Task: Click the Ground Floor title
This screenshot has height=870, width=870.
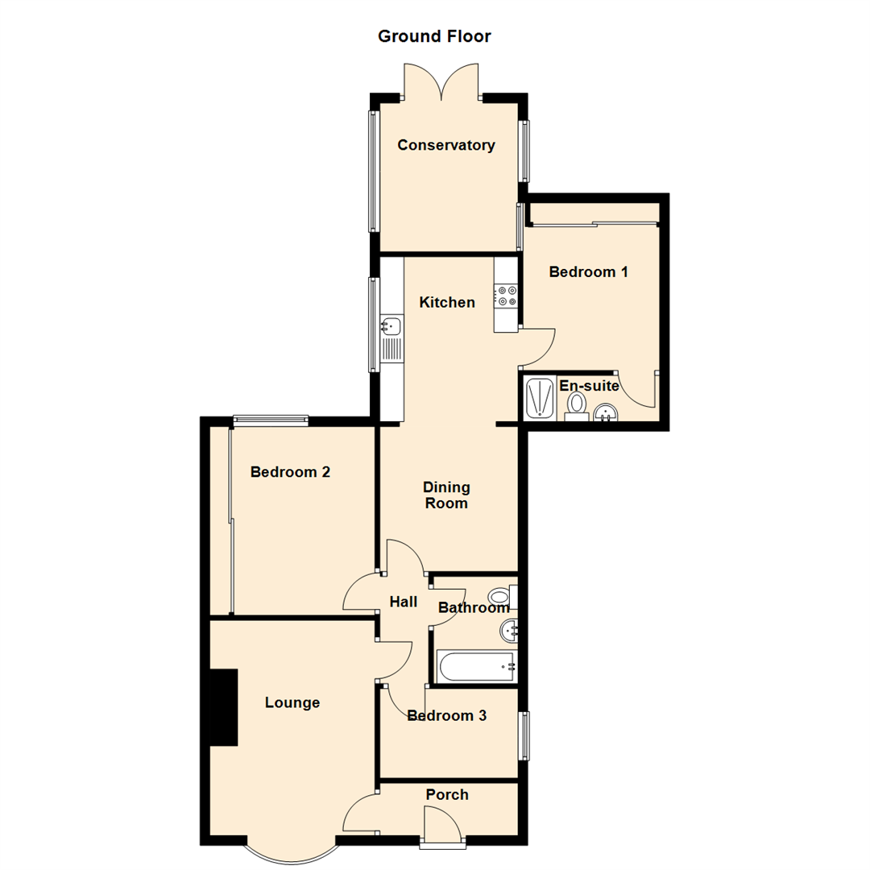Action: click(x=434, y=36)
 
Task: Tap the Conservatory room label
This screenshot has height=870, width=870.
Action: click(x=445, y=146)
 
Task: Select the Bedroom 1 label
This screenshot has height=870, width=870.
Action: click(x=588, y=272)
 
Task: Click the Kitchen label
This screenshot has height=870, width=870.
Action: click(x=447, y=303)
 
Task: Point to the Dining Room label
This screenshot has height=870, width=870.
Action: click(x=446, y=495)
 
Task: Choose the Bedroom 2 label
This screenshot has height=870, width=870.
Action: click(x=290, y=472)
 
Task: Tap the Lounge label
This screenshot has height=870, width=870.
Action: click(x=292, y=703)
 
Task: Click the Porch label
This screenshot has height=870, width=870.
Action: click(x=447, y=795)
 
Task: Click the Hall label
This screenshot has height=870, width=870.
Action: click(x=403, y=602)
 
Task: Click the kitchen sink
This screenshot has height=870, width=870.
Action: click(x=391, y=326)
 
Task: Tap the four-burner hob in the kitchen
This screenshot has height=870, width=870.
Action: click(x=507, y=296)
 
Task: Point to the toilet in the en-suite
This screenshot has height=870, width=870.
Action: click(x=576, y=403)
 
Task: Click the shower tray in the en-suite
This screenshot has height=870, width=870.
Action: click(x=539, y=397)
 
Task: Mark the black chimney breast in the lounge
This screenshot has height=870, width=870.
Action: click(x=224, y=707)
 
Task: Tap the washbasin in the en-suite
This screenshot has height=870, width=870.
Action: click(x=605, y=413)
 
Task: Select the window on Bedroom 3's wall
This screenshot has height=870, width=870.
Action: click(x=524, y=735)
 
